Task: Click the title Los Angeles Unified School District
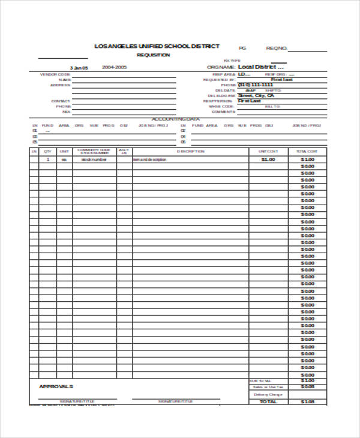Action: [157, 46]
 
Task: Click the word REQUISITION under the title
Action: [153, 55]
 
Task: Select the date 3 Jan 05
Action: [79, 68]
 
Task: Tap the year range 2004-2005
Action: [114, 67]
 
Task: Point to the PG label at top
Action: [242, 48]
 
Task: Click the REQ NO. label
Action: [277, 48]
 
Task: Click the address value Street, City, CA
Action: [256, 95]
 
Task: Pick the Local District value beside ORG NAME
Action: [260, 67]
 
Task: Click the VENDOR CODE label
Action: [52, 74]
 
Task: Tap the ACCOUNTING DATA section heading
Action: [175, 119]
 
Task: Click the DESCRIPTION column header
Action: [190, 151]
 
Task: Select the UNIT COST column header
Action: [268, 151]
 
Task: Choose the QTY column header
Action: [47, 151]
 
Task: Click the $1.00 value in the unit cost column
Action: [268, 160]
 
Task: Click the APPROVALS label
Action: [56, 386]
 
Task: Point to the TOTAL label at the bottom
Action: [268, 402]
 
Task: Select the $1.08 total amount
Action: [308, 402]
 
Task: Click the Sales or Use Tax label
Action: [268, 387]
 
